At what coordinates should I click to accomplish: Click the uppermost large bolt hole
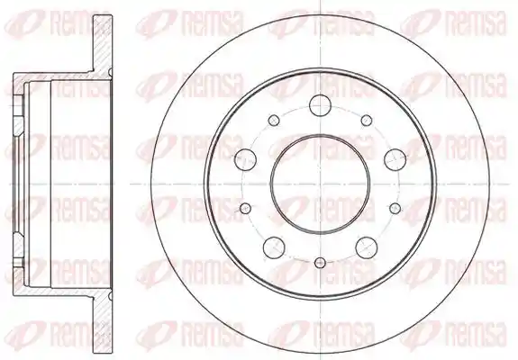coord(320,105)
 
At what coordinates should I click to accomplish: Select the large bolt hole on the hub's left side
coord(245,159)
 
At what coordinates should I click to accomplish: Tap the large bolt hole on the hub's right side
coord(395,159)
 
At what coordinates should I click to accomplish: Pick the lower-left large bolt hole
coord(274,247)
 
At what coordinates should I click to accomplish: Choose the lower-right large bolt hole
coord(367,247)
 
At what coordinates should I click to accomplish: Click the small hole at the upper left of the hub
coord(274,120)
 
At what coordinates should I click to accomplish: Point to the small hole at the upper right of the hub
coord(367,120)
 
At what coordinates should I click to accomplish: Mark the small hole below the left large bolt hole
coord(245,208)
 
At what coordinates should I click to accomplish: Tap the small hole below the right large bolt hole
coord(395,208)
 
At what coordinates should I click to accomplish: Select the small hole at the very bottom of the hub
coord(320,263)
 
